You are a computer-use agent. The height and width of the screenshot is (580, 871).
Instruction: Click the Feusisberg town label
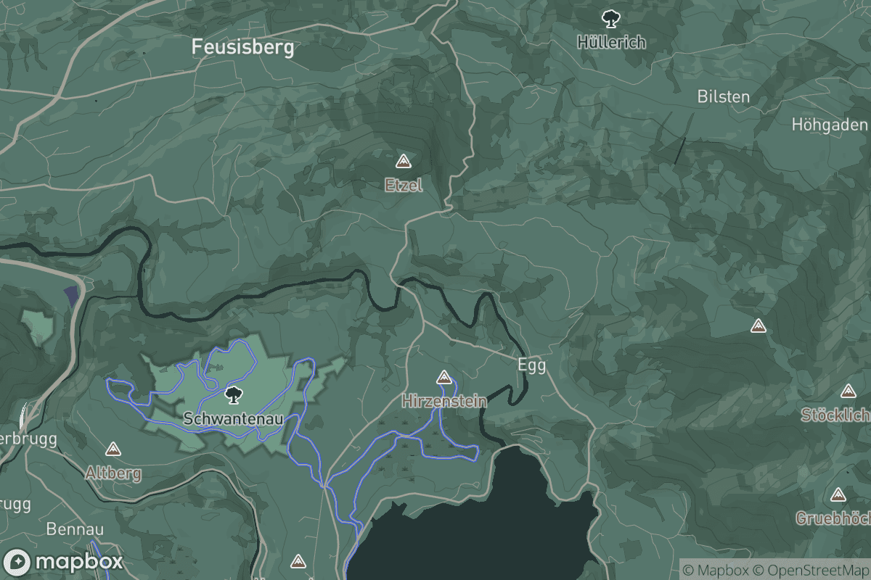pyautogui.click(x=242, y=48)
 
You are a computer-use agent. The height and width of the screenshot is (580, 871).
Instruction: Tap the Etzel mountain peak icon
pyautogui.click(x=404, y=161)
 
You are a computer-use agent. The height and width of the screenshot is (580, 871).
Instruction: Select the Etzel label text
pyautogui.click(x=404, y=186)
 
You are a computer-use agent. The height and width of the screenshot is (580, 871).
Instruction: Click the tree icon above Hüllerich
pyautogui.click(x=610, y=17)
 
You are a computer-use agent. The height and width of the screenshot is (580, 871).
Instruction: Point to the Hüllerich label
pyautogui.click(x=611, y=42)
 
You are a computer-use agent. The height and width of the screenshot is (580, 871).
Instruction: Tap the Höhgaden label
pyautogui.click(x=829, y=125)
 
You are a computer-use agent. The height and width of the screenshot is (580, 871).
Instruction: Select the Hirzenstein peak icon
pyautogui.click(x=443, y=377)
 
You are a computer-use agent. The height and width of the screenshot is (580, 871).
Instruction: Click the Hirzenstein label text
pyautogui.click(x=443, y=400)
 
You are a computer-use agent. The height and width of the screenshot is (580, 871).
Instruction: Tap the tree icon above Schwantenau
pyautogui.click(x=233, y=395)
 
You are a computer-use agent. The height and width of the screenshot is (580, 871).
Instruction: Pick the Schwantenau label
pyautogui.click(x=232, y=419)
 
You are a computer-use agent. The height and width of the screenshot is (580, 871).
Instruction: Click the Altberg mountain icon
pyautogui.click(x=113, y=449)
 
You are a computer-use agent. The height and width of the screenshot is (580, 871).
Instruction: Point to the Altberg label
pyautogui.click(x=113, y=473)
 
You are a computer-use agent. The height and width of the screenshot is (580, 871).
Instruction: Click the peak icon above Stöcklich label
pyautogui.click(x=848, y=391)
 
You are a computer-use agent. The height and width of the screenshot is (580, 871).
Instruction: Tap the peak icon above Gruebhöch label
pyautogui.click(x=838, y=495)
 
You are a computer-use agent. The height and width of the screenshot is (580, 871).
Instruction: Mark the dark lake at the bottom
pyautogui.click(x=479, y=522)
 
